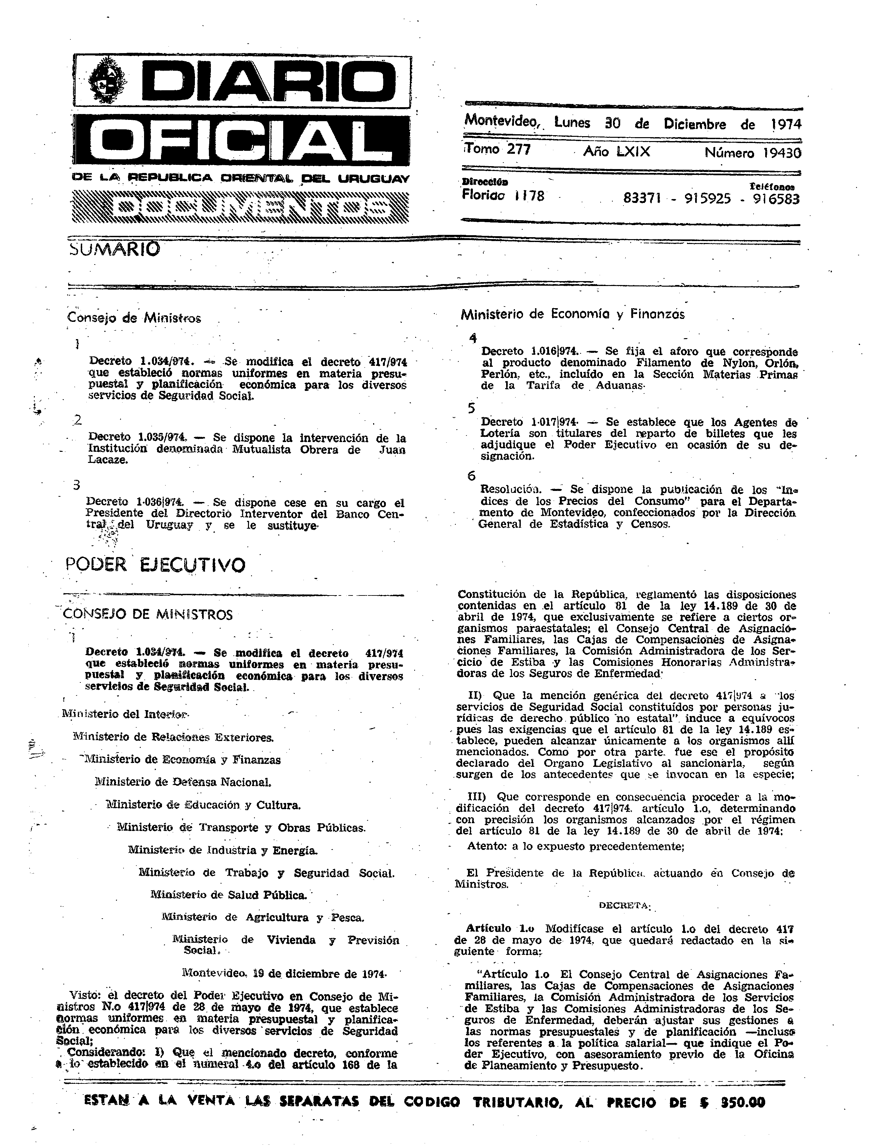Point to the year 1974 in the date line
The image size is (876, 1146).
pyautogui.click(x=786, y=124)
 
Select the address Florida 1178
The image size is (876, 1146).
pyautogui.click(x=503, y=196)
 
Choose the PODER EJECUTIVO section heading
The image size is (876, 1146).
pyautogui.click(x=155, y=565)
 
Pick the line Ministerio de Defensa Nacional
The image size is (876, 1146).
pyautogui.click(x=182, y=782)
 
